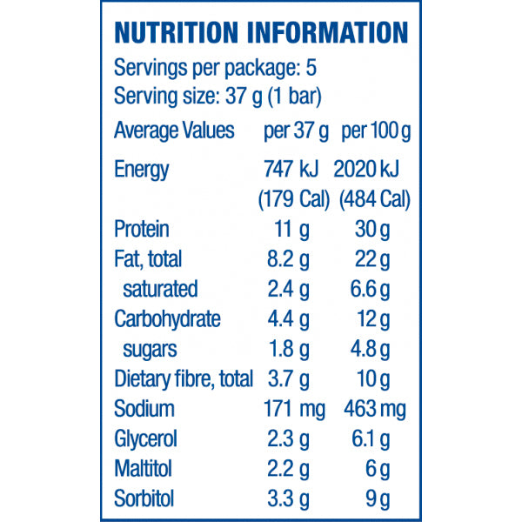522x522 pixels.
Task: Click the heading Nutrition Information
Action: [x=261, y=32]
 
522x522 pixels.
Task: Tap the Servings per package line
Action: [x=213, y=67]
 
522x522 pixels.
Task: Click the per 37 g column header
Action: [x=296, y=132]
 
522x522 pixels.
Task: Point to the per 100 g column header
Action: [x=376, y=132]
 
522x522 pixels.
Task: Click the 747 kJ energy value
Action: [x=295, y=170]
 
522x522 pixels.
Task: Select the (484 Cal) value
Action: [x=374, y=199]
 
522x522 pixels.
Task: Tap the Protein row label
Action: [x=141, y=230]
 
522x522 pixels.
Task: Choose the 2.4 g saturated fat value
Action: [x=289, y=289]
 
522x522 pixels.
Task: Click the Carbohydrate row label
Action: [x=167, y=319]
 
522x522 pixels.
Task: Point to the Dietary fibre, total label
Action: [x=184, y=379]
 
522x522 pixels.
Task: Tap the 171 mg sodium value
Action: [x=294, y=409]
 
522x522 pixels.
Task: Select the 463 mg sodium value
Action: [x=376, y=409]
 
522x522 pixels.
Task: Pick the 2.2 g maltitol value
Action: [x=289, y=470]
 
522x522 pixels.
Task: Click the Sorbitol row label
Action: [x=144, y=499]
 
